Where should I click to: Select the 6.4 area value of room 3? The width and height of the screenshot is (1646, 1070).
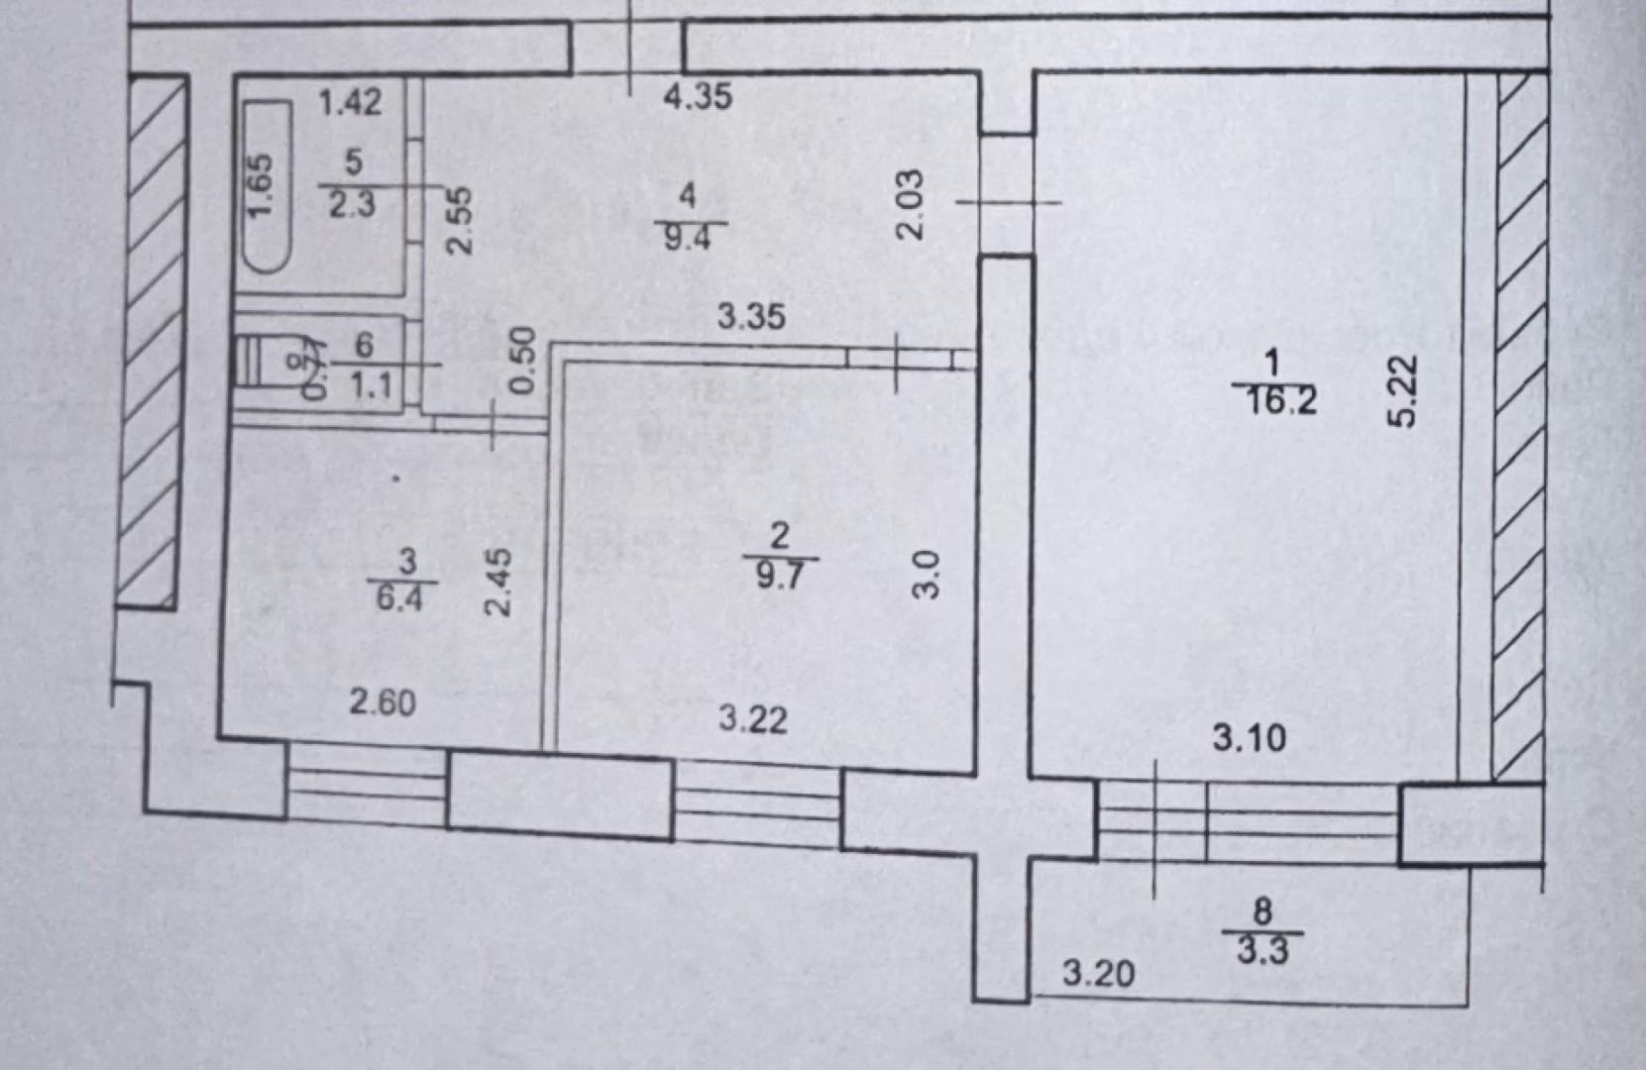tap(399, 598)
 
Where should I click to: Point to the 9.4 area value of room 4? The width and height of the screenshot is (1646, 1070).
tap(687, 238)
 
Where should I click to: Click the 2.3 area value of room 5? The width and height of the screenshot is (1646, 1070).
tap(352, 204)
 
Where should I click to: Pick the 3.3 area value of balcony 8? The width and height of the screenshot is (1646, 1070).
tap(1262, 951)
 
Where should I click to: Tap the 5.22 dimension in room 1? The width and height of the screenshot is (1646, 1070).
tap(1405, 390)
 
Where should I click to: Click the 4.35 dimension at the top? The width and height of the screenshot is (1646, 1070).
tap(699, 96)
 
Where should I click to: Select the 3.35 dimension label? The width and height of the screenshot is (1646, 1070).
tap(751, 317)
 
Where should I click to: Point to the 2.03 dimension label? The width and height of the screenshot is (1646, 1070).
tap(910, 204)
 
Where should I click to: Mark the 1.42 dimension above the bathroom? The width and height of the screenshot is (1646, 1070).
tap(350, 101)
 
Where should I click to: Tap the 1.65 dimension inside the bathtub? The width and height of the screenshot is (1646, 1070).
tap(260, 186)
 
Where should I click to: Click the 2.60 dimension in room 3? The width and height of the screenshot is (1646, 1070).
tap(382, 702)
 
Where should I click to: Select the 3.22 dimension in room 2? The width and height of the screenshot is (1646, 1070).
tap(753, 718)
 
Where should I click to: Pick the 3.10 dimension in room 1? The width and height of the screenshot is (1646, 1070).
tap(1250, 738)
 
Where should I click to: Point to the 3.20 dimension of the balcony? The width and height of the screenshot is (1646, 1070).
tap(1098, 974)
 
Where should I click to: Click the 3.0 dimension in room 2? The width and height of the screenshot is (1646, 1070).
tap(925, 575)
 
